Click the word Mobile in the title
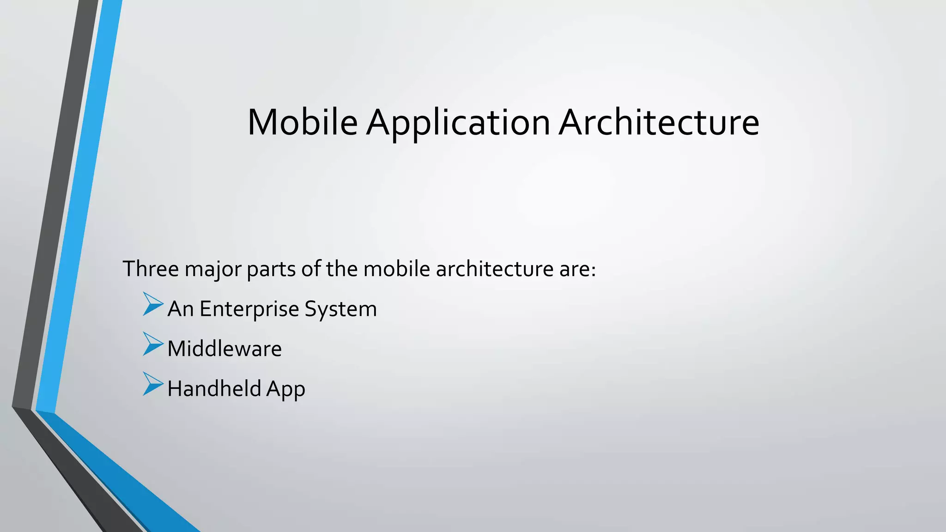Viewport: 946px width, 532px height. click(x=303, y=122)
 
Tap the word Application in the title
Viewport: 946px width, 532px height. click(x=458, y=123)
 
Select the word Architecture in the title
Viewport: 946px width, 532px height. click(x=659, y=122)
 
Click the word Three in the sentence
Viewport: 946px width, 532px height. click(x=151, y=269)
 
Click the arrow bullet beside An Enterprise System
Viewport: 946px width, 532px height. click(x=153, y=304)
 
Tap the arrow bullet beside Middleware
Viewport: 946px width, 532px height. click(x=153, y=344)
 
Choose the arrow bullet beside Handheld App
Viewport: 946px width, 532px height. click(x=153, y=384)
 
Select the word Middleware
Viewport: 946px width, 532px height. click(x=224, y=349)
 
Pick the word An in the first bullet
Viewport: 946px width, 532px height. click(x=180, y=308)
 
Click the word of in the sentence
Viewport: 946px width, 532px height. click(x=311, y=269)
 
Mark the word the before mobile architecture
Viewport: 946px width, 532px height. click(x=341, y=269)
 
